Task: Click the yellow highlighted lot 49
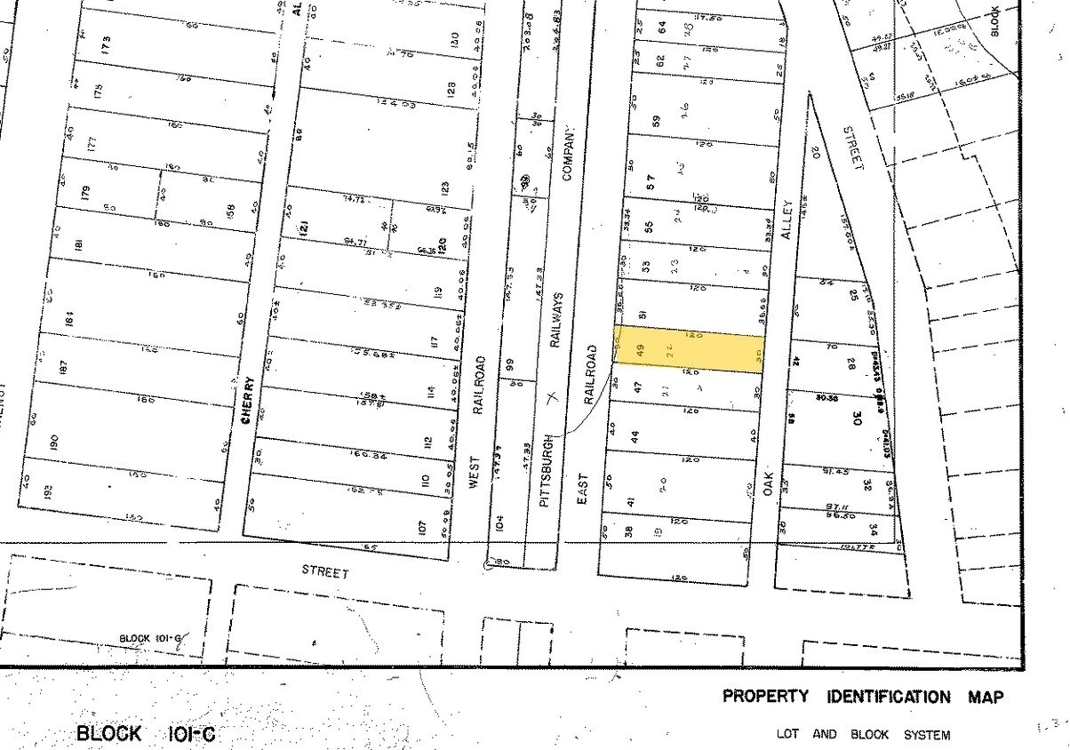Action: point(689,349)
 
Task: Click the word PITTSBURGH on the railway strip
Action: point(547,470)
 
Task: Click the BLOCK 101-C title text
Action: point(145,734)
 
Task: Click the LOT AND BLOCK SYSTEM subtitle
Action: point(863,735)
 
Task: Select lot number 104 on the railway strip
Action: point(500,524)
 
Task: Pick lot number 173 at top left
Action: point(106,42)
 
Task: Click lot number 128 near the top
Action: point(451,89)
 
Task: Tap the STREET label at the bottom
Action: point(325,573)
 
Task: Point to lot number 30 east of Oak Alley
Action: point(858,417)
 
